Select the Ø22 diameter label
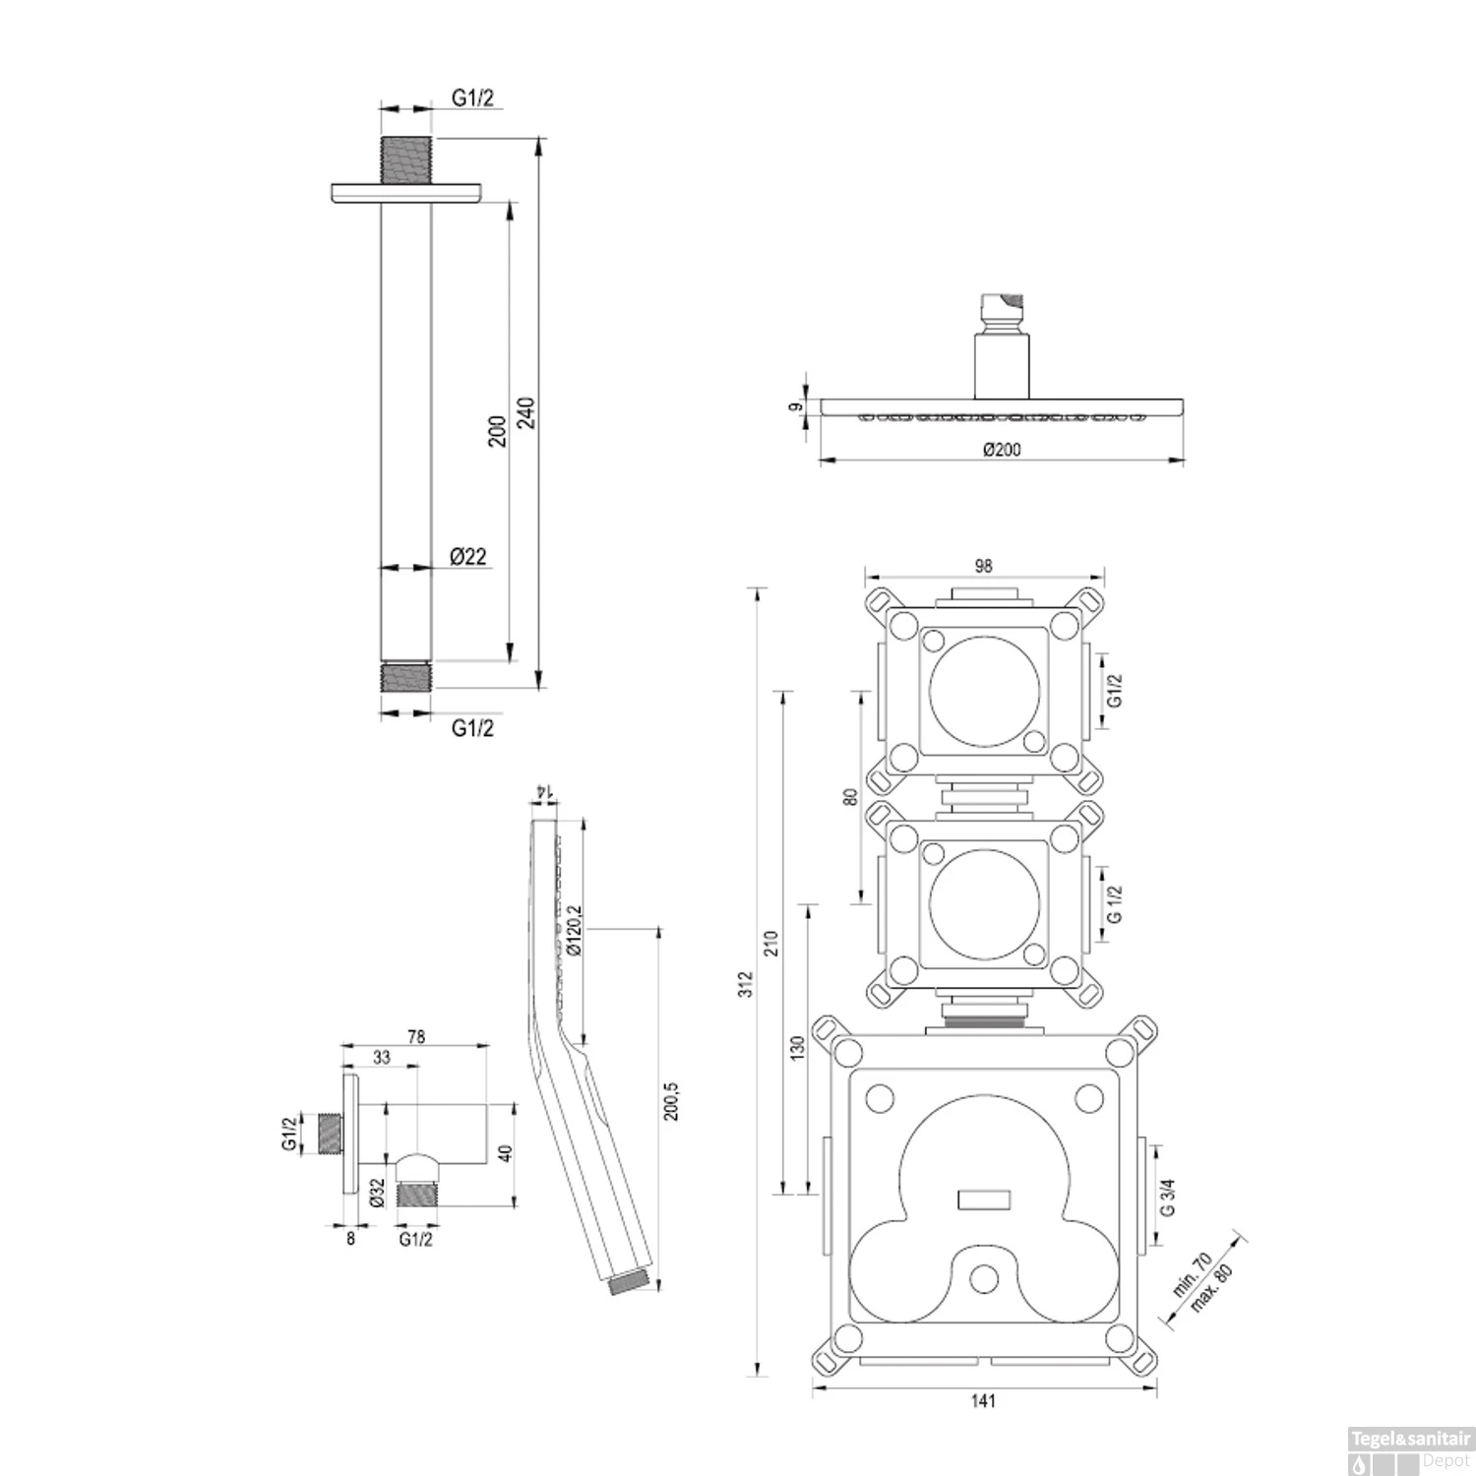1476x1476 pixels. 468,557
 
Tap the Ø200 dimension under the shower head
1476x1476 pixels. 1002,450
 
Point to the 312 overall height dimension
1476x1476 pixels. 746,984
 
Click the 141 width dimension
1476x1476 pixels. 983,1401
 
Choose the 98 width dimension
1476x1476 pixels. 983,566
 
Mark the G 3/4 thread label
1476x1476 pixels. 1168,1198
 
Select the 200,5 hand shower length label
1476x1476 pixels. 673,1100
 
